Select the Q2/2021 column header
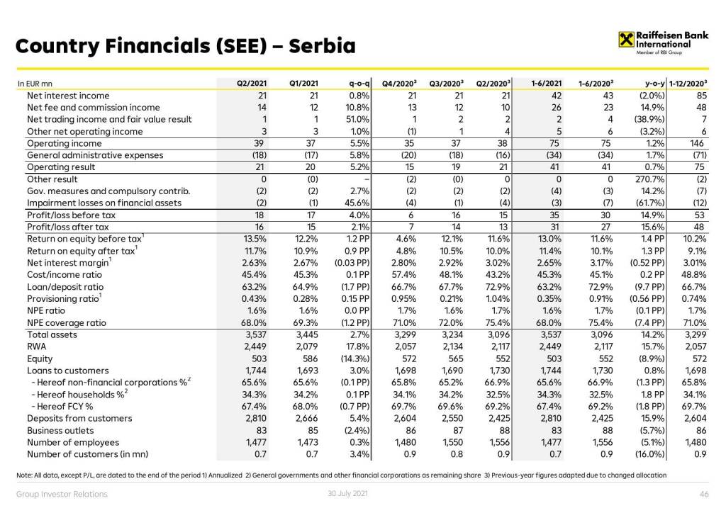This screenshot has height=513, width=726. click(252, 84)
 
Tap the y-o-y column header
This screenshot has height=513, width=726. click(650, 84)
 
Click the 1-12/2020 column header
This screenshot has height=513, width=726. click(690, 84)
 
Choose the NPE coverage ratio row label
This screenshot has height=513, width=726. click(67, 322)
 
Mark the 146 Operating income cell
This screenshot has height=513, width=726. click(700, 143)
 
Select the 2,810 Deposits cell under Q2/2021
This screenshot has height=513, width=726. click(254, 418)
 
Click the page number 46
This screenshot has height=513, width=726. click(704, 494)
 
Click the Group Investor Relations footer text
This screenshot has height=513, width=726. click(62, 494)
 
